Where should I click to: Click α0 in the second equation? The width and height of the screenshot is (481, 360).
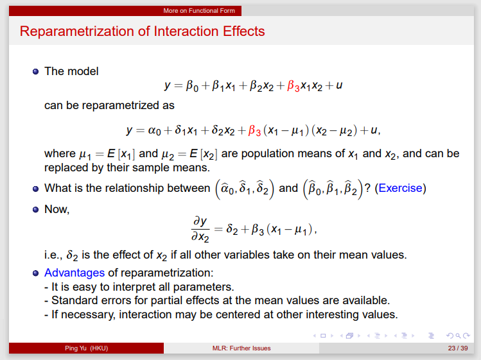coord(155,131)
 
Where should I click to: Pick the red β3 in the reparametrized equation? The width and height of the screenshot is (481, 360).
coord(254,131)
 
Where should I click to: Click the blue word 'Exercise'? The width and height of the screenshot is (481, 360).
coord(400,188)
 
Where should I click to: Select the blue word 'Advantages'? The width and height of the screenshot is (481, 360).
coord(74,273)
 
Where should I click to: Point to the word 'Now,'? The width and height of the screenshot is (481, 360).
coord(57,210)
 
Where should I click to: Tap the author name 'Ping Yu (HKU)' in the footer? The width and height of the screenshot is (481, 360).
coord(86,348)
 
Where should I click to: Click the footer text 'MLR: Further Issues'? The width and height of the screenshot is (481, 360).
coord(241,348)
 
